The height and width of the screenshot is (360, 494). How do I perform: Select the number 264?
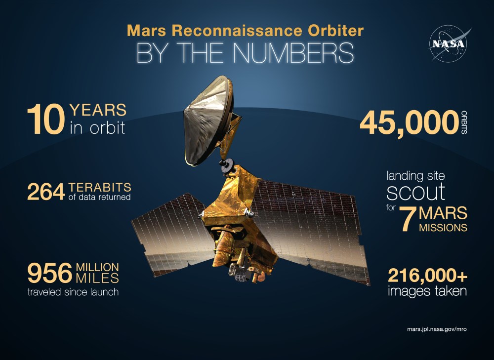45,192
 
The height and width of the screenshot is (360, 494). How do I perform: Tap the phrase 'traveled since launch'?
74,292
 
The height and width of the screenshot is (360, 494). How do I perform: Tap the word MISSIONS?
443,228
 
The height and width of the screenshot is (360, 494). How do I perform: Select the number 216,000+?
427,275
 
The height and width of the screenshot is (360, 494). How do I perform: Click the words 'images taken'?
427,291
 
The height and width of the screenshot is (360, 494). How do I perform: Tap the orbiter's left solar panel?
168,237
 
